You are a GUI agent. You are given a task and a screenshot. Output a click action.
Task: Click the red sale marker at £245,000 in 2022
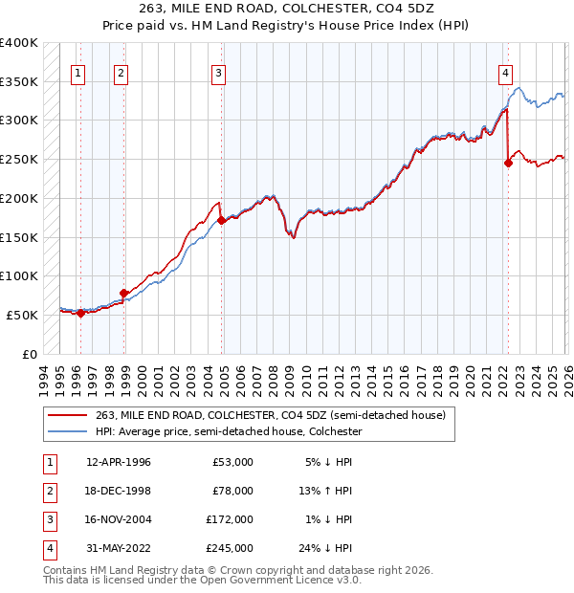point(508,164)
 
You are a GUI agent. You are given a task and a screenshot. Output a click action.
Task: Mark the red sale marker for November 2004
point(222,220)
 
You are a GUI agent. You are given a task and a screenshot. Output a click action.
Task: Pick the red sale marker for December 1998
point(123,293)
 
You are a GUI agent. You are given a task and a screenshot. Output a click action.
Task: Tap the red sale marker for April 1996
point(80,312)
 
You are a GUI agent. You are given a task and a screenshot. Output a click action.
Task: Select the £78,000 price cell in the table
point(232,491)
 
